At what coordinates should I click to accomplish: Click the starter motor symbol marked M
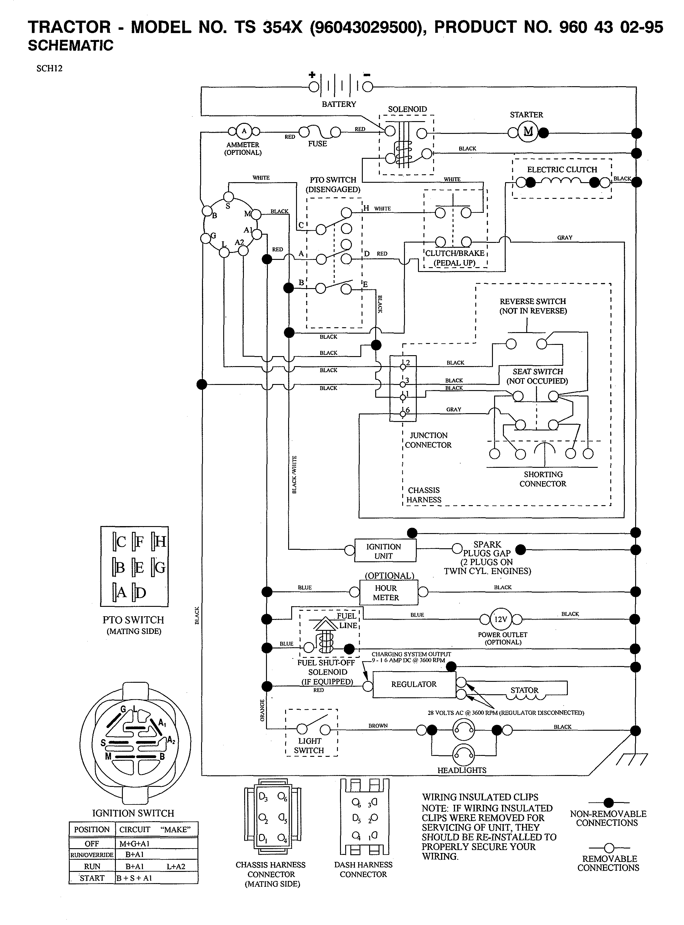click(528, 132)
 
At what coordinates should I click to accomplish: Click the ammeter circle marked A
click(244, 131)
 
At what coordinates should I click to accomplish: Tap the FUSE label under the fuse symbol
click(317, 144)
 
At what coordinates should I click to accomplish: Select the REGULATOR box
click(414, 684)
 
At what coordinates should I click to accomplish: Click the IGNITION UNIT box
click(385, 551)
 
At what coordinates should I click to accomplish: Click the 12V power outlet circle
click(500, 619)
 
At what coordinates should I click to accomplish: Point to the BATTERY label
click(339, 104)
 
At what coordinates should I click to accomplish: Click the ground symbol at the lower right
click(632, 759)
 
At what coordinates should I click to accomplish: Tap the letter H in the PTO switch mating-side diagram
click(160, 542)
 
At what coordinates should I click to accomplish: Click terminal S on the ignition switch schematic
click(228, 196)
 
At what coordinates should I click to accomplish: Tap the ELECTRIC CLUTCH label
click(562, 169)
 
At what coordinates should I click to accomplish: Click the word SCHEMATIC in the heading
click(70, 46)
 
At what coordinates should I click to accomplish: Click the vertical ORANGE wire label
click(262, 710)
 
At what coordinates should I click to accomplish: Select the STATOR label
click(524, 690)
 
